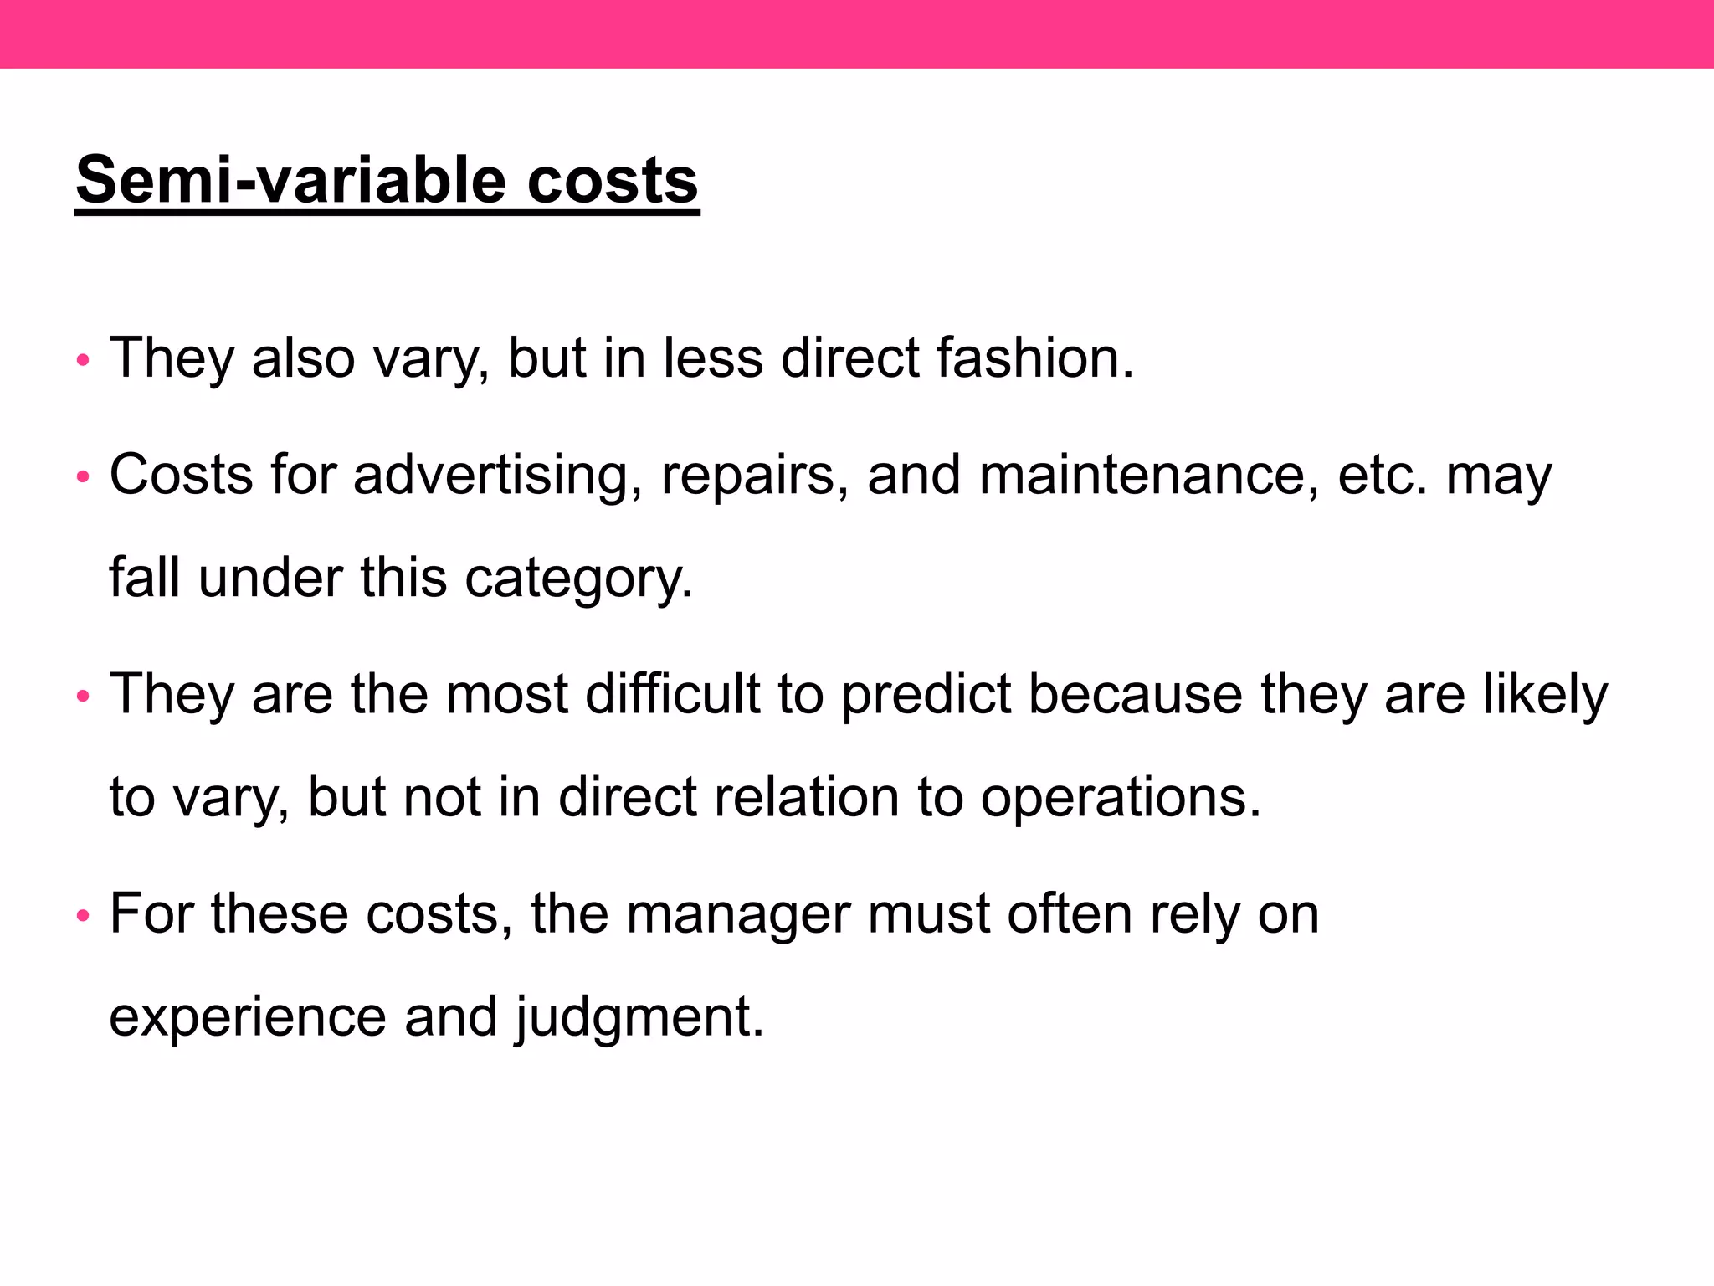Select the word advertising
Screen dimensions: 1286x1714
click(x=490, y=475)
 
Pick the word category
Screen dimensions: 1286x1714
click(x=578, y=578)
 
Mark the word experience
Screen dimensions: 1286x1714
click(x=247, y=1016)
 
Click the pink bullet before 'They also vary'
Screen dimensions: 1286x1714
click(x=82, y=361)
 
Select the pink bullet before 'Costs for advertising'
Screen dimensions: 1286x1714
click(x=82, y=478)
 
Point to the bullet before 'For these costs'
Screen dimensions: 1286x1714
click(x=82, y=916)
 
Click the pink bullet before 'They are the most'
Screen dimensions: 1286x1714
click(x=82, y=697)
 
